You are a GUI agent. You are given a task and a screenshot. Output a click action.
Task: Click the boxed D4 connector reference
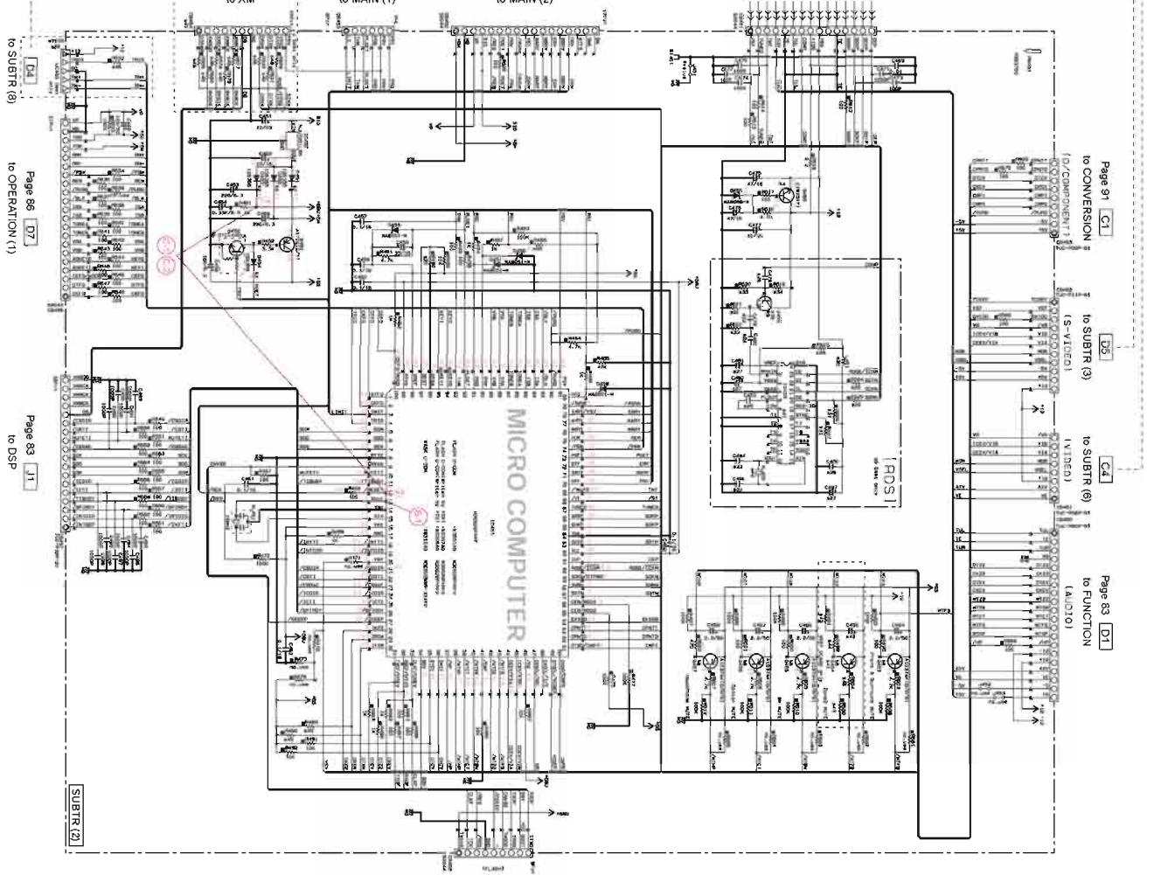[32, 66]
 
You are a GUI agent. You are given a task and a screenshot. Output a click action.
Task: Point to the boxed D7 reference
[32, 234]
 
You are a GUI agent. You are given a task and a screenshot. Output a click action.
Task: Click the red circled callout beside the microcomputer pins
[418, 514]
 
